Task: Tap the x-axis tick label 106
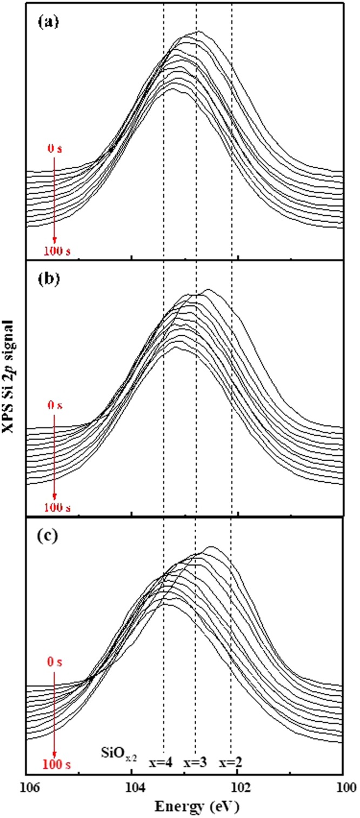click(x=26, y=783)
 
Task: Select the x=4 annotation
click(x=161, y=763)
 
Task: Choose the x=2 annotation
click(x=231, y=763)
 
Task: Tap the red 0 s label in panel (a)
click(x=55, y=149)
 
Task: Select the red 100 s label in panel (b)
click(x=55, y=508)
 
